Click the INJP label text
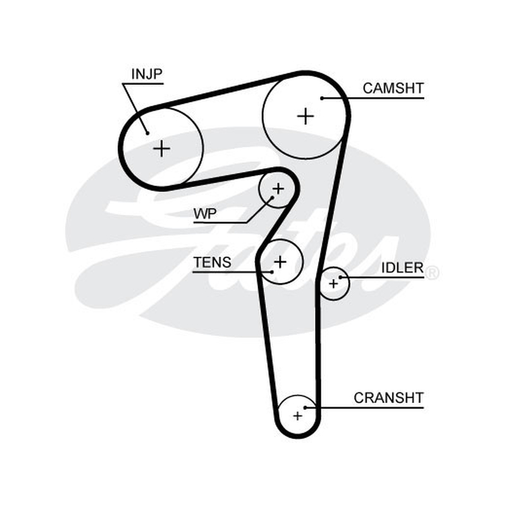click(147, 74)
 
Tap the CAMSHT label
click(393, 88)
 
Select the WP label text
click(205, 214)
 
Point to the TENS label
click(212, 262)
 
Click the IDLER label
click(402, 268)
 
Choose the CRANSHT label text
click(388, 398)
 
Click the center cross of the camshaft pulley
click(305, 116)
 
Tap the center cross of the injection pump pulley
click(161, 149)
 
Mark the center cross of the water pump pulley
click(278, 188)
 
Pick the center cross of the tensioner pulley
click(280, 262)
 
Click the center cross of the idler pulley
click(333, 284)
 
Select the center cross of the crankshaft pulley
click(297, 416)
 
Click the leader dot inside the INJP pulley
click(147, 133)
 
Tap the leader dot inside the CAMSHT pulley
click(322, 98)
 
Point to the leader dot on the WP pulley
click(272, 197)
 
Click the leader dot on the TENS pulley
click(272, 272)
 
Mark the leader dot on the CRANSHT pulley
click(305, 407)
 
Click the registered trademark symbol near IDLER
click(432, 273)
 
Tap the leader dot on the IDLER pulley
click(340, 277)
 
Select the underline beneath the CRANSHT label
click(364, 407)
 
